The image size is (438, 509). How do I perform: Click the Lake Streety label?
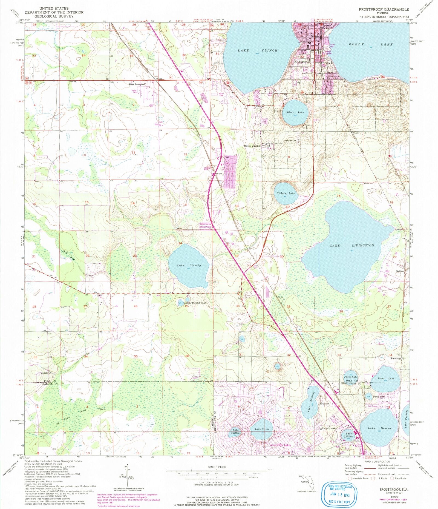point(189,265)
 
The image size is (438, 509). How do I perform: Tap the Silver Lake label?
point(295,112)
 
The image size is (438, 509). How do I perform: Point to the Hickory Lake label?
point(286,193)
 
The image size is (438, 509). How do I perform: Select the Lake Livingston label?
point(352,246)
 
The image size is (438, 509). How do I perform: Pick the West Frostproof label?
point(137,84)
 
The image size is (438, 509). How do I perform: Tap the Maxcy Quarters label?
point(252,146)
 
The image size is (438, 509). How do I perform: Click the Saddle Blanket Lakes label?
point(195,303)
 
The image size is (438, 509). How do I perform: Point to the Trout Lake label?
point(386,379)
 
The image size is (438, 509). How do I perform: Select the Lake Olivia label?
point(262,429)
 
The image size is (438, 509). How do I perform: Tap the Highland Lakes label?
point(327,428)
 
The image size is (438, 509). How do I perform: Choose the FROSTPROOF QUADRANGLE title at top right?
point(384,10)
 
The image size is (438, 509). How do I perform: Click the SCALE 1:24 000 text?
point(217,467)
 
